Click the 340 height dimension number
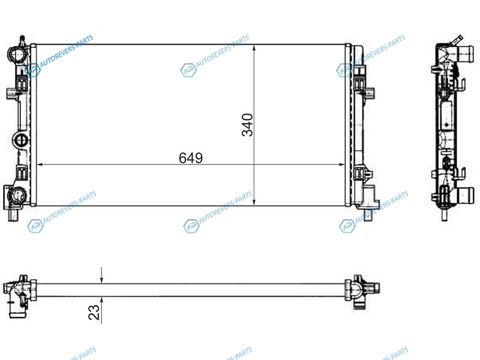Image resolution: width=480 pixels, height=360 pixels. pos(247,125)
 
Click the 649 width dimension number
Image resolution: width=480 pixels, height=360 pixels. pos(191,158)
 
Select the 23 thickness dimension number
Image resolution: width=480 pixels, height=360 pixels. pos(94,313)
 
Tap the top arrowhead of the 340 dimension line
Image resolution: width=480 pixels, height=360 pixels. pos(254,48)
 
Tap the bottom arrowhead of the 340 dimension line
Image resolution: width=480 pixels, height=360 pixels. pos(254,202)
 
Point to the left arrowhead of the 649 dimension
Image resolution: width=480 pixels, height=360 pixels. pos(40,164)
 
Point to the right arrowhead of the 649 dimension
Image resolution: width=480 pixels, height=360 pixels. pos(341,164)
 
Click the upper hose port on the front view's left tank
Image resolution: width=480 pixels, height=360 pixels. pos(16,55)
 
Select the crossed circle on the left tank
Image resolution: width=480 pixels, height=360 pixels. pos(20,140)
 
